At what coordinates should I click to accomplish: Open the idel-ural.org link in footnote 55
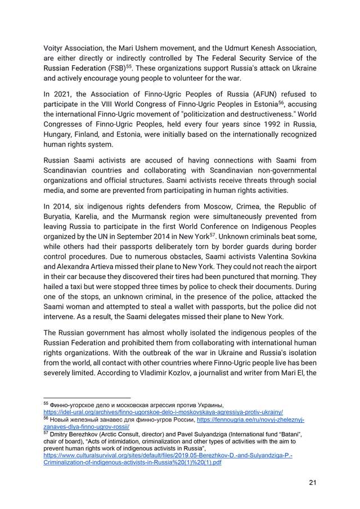(163, 412)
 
